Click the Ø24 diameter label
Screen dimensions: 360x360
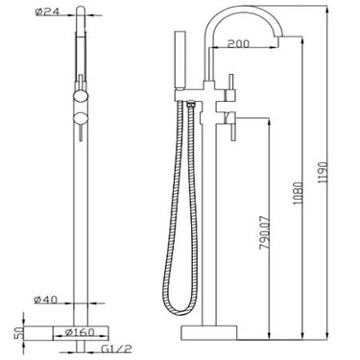click(45, 12)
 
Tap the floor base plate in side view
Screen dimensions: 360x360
click(222, 332)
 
